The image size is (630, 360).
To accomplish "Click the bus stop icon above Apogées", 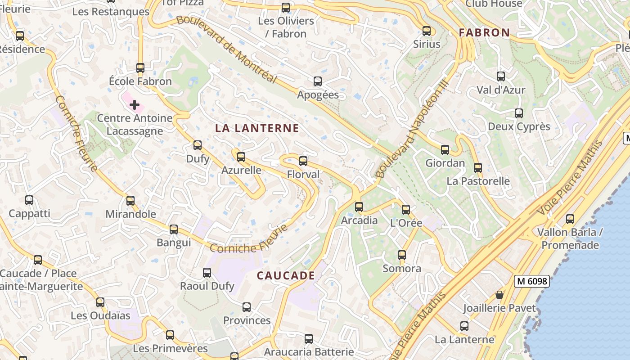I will (318, 81).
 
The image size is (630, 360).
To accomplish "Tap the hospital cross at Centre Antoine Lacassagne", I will (134, 105).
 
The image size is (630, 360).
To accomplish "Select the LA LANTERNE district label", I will (257, 128).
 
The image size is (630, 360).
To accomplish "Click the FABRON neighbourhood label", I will (484, 32).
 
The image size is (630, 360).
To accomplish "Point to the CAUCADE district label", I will (286, 275).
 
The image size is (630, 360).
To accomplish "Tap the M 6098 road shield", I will (532, 282).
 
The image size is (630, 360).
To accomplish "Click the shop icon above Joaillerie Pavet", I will (499, 295).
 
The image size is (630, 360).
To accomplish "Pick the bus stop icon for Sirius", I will (427, 31).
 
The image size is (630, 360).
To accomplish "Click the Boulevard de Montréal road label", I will (226, 49).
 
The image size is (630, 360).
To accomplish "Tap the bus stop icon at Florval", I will (303, 161).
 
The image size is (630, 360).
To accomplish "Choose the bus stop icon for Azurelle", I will (241, 157).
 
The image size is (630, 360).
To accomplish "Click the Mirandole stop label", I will (130, 214).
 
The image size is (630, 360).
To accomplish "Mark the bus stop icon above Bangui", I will (174, 229).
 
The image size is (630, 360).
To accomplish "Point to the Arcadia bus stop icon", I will (359, 207).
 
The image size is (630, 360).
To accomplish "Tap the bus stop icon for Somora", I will (402, 256).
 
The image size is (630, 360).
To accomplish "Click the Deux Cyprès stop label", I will (519, 126).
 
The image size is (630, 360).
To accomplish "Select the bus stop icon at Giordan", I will (445, 150).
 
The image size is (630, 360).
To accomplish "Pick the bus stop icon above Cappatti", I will (29, 200).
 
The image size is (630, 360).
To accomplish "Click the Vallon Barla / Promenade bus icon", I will (570, 220).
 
